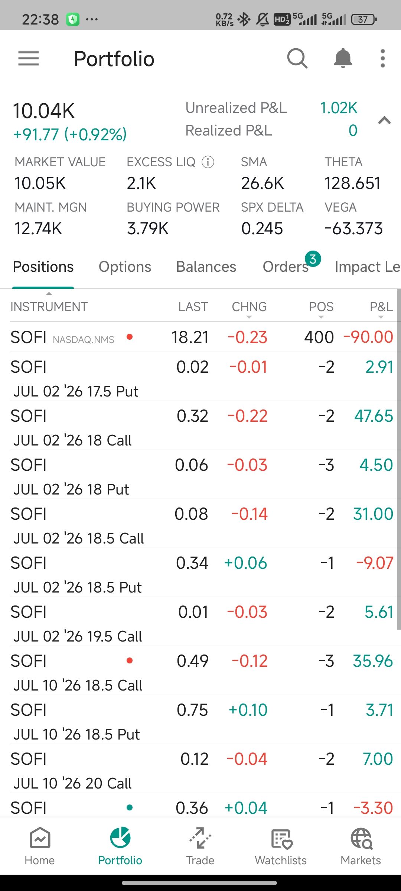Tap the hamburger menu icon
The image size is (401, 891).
(29, 59)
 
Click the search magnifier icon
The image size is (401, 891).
(297, 58)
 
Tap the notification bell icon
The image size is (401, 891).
(343, 58)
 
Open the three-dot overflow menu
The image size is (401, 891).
(383, 58)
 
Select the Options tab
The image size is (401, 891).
(125, 267)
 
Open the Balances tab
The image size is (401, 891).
(206, 267)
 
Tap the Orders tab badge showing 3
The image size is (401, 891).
(313, 259)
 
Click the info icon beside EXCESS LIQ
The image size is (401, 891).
(208, 162)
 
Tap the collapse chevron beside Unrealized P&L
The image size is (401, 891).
(384, 120)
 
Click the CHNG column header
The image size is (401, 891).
(249, 307)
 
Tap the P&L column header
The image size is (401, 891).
(381, 307)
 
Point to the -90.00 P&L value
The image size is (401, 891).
(368, 337)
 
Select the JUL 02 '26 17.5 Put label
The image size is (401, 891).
(76, 391)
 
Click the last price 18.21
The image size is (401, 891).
(190, 337)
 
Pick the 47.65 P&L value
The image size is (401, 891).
(374, 416)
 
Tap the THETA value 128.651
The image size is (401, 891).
(353, 183)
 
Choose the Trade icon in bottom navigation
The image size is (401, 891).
(200, 838)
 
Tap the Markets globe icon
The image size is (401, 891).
(361, 838)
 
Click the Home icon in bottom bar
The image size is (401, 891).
(40, 838)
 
